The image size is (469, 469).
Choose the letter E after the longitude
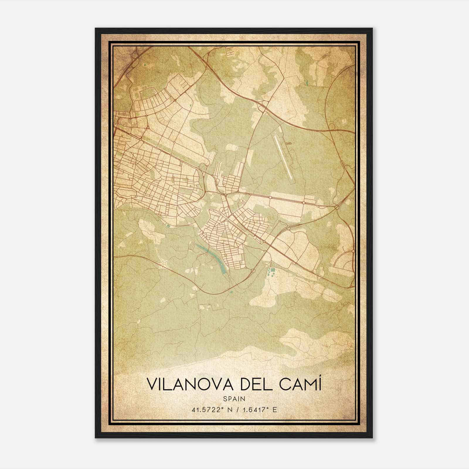coord(274,409)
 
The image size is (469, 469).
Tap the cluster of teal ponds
coord(271,272)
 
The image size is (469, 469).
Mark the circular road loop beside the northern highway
coord(332,126)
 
